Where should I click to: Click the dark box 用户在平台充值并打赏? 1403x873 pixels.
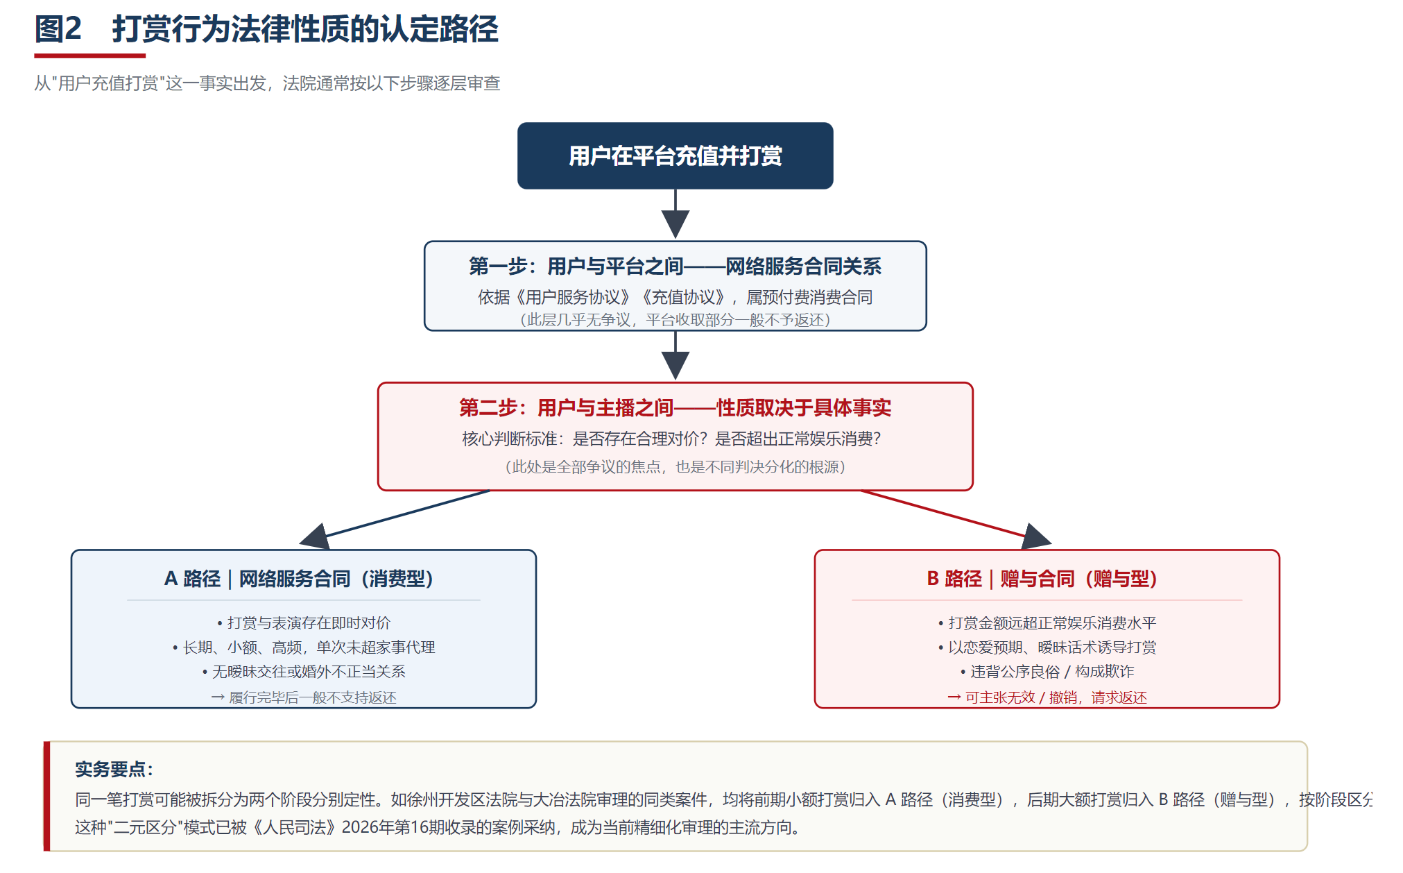tap(675, 155)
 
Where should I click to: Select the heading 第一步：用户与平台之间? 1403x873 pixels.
tap(576, 266)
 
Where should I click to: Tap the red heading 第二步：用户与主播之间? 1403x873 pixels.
tap(566, 407)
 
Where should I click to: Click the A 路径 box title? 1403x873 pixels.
tap(299, 578)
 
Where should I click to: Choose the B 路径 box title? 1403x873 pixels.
tap(1042, 578)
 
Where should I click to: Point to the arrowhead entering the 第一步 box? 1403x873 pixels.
tap(675, 224)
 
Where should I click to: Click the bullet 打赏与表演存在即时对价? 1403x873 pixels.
tap(304, 622)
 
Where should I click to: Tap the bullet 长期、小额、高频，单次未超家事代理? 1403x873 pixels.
tap(304, 647)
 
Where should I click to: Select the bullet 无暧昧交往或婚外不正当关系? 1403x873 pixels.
tap(304, 671)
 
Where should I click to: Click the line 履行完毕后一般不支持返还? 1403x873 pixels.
tap(304, 697)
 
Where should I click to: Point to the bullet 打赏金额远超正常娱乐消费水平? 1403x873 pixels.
tap(1047, 622)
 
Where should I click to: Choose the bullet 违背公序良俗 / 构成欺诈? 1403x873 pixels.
tap(1047, 671)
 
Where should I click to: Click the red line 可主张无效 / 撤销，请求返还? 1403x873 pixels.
tap(1047, 697)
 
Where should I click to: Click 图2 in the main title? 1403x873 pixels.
tap(58, 29)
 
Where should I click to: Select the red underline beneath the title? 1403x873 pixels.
tap(90, 56)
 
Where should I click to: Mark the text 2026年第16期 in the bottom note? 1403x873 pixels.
tap(395, 827)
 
